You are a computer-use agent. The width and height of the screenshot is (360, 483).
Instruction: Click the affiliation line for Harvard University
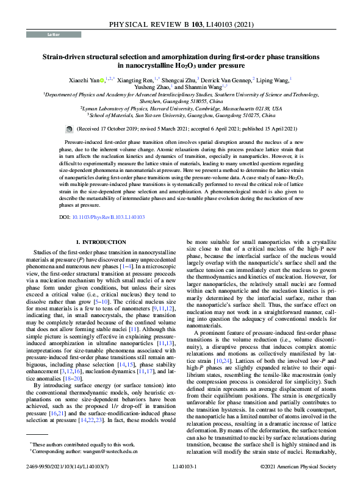tap(181, 108)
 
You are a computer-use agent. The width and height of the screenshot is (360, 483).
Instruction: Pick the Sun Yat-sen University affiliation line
tap(181, 115)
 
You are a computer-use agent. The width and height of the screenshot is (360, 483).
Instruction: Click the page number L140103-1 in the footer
tap(180, 467)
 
